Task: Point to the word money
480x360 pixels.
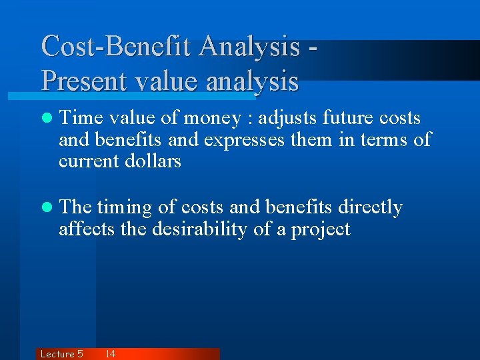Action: tap(211, 119)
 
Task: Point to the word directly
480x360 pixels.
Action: tap(370, 208)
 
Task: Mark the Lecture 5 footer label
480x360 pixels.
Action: tap(61, 354)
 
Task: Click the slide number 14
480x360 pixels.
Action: tap(110, 354)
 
